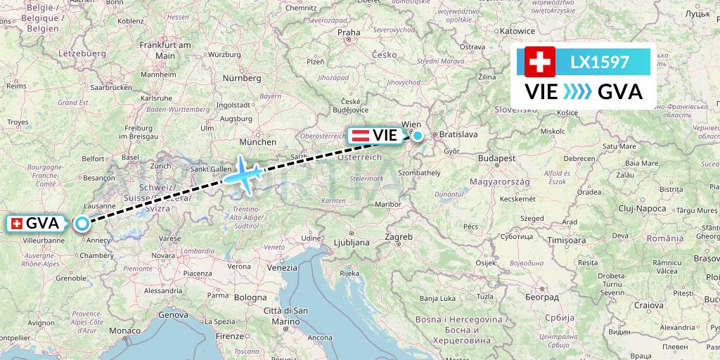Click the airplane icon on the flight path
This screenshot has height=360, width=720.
pos(243,173)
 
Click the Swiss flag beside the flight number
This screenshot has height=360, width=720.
pos(540,62)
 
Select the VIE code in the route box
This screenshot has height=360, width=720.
pos(542,92)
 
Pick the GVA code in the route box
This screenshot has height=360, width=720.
pos(619,92)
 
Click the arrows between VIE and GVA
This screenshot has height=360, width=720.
pos(579,92)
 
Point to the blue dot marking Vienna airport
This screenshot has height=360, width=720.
pos(418,136)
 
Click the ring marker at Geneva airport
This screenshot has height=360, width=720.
pos(82,224)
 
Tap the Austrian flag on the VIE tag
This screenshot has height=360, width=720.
pos(361,135)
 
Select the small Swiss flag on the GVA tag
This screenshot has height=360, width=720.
pos(17,224)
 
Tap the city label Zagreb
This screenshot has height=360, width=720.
pos(399,237)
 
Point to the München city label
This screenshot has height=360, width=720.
pos(257,141)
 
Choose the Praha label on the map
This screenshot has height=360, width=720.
pos(349,32)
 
